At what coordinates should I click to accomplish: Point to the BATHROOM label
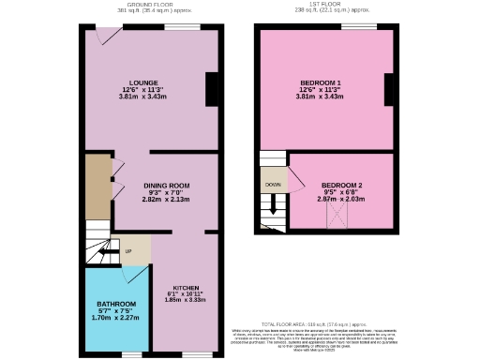[x=117, y=304]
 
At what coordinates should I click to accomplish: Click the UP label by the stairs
[x=127, y=251]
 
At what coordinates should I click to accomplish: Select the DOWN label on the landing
[x=273, y=185]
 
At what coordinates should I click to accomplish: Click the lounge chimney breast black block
[x=212, y=89]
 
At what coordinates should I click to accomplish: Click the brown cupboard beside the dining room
[x=97, y=187]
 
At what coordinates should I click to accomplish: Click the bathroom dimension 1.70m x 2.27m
[x=117, y=318]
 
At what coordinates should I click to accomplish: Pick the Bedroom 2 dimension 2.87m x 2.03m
[x=341, y=200]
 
